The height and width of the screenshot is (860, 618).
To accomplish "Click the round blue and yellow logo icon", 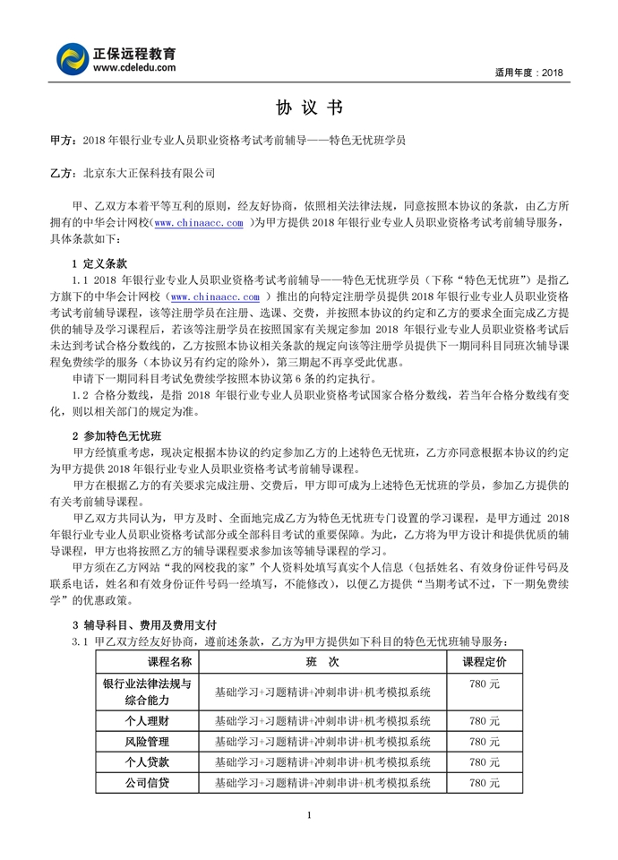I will (73, 58).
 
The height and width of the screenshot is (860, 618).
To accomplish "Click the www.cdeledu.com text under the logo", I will (132, 67).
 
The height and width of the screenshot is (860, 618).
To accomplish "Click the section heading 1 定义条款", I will (99, 264).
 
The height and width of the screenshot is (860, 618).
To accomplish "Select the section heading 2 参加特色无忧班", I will (116, 436).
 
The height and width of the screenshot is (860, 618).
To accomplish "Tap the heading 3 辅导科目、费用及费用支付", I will (143, 623).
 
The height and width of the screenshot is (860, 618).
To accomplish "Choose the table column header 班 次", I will (322, 662).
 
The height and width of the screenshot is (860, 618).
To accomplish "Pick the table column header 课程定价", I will (484, 662).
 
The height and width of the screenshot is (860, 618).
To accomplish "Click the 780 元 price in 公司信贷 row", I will (484, 783).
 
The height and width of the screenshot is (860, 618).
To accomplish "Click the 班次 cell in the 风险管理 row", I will (322, 742).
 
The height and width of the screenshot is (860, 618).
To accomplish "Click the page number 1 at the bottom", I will (308, 814).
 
